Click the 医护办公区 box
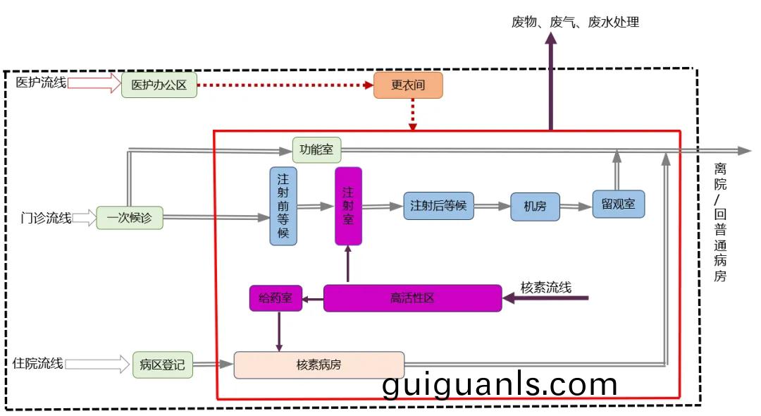[159, 85]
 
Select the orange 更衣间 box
[408, 85]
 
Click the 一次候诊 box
[130, 218]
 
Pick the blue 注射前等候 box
[283, 206]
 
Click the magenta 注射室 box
[348, 206]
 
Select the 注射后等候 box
[438, 206]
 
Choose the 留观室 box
[619, 204]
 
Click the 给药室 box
[276, 298]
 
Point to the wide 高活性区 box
[412, 298]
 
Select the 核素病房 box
[319, 365]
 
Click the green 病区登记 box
[162, 365]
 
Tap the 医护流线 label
[41, 83]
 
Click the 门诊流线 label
[46, 218]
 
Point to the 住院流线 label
[38, 364]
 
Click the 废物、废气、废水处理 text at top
[575, 22]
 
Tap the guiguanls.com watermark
[500, 384]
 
